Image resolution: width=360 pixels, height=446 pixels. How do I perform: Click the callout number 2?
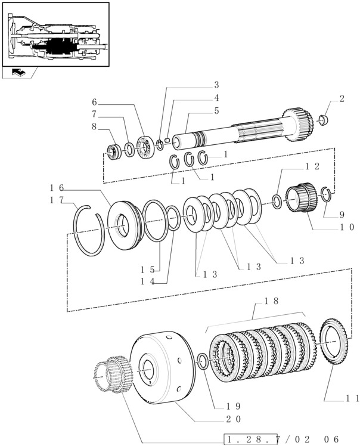pos(342,99)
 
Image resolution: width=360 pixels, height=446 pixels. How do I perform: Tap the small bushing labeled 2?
pos(323,120)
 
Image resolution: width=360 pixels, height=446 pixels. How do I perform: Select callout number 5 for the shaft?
pos(217,111)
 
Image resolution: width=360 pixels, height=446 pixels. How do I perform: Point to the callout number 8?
pos(94,126)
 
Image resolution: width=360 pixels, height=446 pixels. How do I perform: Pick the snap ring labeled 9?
pos(326,194)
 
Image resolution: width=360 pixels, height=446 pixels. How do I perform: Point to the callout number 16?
pos(57,188)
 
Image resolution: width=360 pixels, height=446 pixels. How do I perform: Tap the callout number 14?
pos(148,281)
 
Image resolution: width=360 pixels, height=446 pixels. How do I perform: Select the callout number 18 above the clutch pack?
pos(271,301)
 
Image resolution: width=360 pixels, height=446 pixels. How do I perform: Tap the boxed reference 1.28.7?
pos(250,439)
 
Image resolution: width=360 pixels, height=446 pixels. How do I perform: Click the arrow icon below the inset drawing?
pos(18,72)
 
